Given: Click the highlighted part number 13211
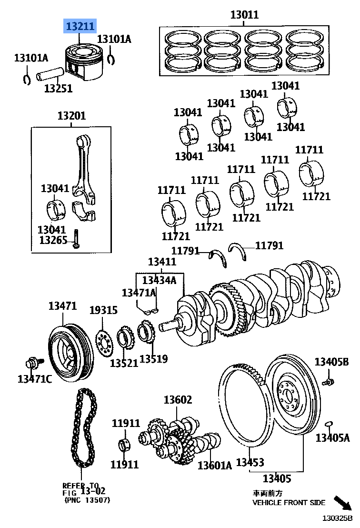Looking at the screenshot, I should click(x=80, y=27).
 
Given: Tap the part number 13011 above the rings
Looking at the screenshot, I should click(x=244, y=15).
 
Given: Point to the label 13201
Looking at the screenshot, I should click(x=71, y=116).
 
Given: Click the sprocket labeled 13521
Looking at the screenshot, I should click(x=125, y=339).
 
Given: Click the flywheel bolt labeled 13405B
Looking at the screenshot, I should click(x=328, y=381).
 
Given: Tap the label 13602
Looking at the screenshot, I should click(x=178, y=400).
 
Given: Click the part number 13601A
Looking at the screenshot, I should click(x=214, y=465).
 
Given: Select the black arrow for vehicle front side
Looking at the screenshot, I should click(x=342, y=503).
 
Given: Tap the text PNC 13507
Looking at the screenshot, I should click(x=87, y=500).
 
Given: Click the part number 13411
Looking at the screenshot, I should click(x=162, y=262).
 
